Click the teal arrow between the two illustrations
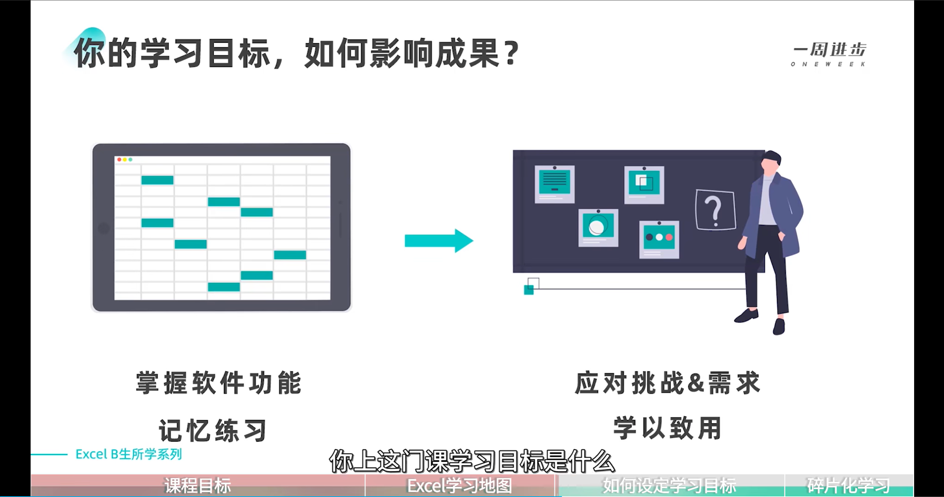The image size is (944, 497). (438, 241)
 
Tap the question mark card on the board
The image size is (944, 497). (715, 210)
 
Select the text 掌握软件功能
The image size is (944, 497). (219, 383)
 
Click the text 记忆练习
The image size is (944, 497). (213, 430)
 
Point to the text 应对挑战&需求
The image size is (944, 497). (667, 383)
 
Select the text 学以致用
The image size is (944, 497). (667, 428)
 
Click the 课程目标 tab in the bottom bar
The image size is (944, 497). (198, 486)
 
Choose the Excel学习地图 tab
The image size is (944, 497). (460, 486)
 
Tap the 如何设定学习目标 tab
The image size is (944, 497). (670, 486)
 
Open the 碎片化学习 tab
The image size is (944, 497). (848, 486)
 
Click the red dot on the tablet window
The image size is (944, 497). (119, 159)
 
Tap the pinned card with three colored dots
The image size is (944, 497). (659, 239)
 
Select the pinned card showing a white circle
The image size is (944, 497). (598, 227)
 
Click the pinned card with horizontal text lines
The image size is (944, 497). (554, 184)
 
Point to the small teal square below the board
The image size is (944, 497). (529, 290)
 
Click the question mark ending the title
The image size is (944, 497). (512, 54)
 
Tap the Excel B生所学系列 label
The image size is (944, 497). (128, 454)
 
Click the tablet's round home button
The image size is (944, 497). (104, 228)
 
